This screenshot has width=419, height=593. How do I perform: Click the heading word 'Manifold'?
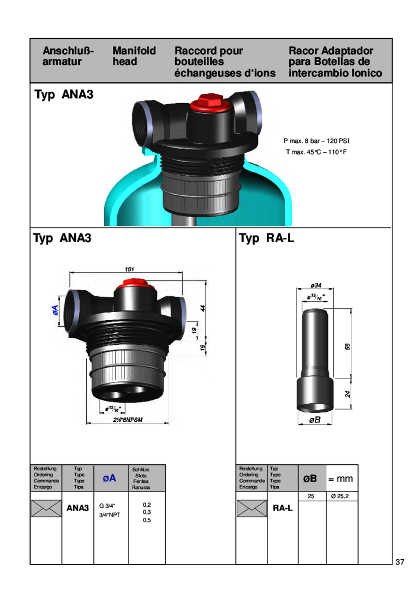click(x=134, y=51)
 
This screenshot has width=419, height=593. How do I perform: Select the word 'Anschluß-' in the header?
click(x=67, y=51)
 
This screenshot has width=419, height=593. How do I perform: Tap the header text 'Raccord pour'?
click(x=208, y=51)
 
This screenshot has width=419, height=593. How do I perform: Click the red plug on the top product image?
click(x=209, y=102)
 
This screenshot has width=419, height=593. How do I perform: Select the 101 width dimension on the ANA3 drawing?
click(x=129, y=269)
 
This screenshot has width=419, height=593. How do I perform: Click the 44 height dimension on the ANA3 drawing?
click(x=202, y=308)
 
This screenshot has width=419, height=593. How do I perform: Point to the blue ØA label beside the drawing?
click(x=55, y=312)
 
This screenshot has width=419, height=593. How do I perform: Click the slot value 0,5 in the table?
click(x=147, y=520)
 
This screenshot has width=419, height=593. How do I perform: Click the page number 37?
click(x=400, y=562)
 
